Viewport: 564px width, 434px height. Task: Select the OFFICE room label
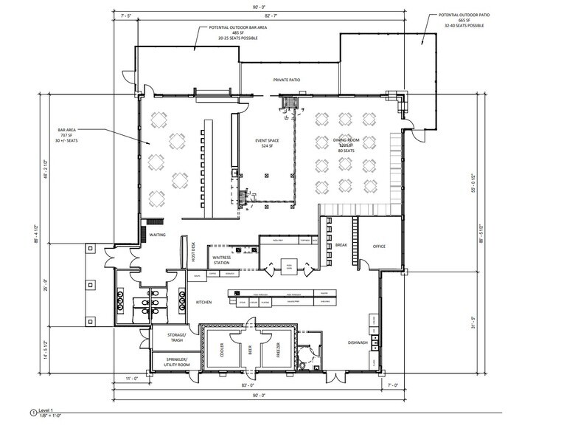(380, 247)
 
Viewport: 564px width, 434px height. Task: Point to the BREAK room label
(341, 244)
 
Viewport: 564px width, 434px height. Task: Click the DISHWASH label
(358, 342)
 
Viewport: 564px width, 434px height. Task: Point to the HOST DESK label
(193, 252)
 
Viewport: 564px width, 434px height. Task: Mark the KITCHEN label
(203, 303)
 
